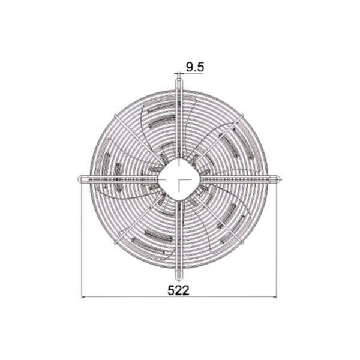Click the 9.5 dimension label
point(194,67)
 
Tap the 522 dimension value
point(178,290)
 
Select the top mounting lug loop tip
point(179,80)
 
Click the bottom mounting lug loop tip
point(179,280)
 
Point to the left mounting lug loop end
point(80,179)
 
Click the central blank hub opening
point(179,179)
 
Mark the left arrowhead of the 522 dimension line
point(83,297)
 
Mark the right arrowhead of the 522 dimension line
point(275,297)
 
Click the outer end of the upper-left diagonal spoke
point(115,116)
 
